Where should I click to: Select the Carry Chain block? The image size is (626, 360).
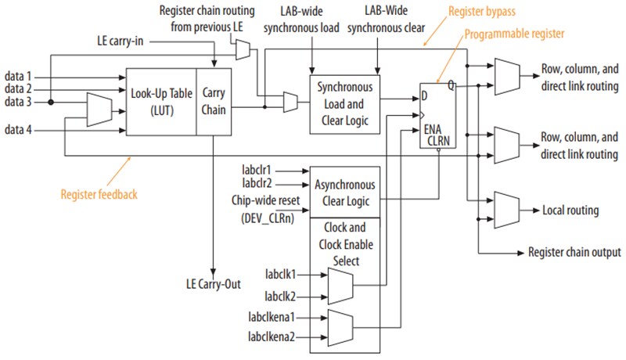pyautogui.click(x=212, y=101)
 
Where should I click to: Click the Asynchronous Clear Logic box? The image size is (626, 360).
pyautogui.click(x=345, y=192)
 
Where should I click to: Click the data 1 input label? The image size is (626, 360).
pyautogui.click(x=17, y=76)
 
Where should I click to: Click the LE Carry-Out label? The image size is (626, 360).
pyautogui.click(x=214, y=281)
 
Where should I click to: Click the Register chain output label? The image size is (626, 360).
pyautogui.click(x=574, y=252)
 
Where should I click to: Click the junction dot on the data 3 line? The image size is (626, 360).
pyautogui.click(x=50, y=101)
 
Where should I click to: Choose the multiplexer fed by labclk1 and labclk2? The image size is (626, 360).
pyautogui.click(x=339, y=286)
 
